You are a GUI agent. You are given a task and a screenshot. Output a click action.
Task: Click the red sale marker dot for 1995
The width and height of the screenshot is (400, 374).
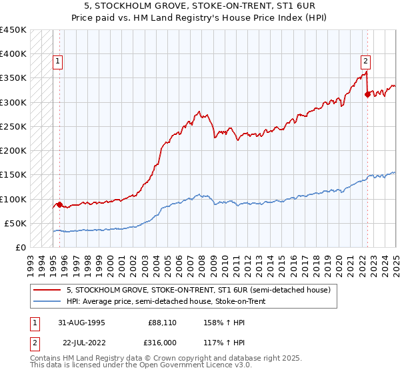point(59,204)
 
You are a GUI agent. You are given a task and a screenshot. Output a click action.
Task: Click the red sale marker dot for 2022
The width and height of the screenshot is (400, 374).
point(367,94)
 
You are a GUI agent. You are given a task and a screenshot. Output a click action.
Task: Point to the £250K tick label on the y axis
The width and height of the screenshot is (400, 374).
point(13,126)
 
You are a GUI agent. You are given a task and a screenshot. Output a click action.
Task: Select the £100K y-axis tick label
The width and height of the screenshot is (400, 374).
point(13,199)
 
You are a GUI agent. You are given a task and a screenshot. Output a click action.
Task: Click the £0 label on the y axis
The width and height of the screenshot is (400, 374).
point(21,247)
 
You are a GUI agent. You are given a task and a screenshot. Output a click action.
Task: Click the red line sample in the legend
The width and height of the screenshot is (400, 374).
point(47,290)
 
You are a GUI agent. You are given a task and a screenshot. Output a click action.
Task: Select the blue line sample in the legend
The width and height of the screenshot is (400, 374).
point(47,301)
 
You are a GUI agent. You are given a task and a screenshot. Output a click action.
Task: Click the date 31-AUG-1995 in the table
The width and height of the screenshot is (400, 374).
point(81,323)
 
